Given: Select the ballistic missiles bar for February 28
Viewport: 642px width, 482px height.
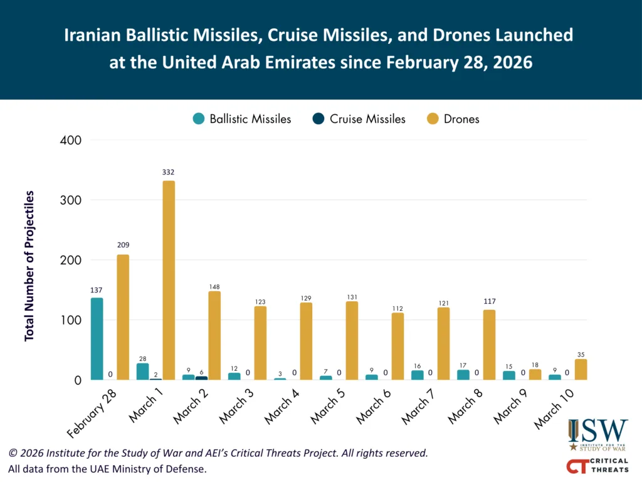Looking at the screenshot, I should point(97,339).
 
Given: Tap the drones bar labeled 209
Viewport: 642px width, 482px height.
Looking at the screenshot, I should point(123,317).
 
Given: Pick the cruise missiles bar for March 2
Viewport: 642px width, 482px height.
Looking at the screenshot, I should point(201,378).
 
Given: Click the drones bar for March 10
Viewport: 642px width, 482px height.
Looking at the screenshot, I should point(581,370).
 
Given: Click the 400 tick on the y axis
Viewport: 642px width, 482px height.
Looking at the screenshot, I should point(70,140).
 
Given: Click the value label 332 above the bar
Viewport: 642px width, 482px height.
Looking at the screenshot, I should point(168,172).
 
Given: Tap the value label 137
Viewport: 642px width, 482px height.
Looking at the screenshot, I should point(97,290).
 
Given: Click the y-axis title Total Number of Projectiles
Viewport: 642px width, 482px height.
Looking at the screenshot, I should point(29,266).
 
